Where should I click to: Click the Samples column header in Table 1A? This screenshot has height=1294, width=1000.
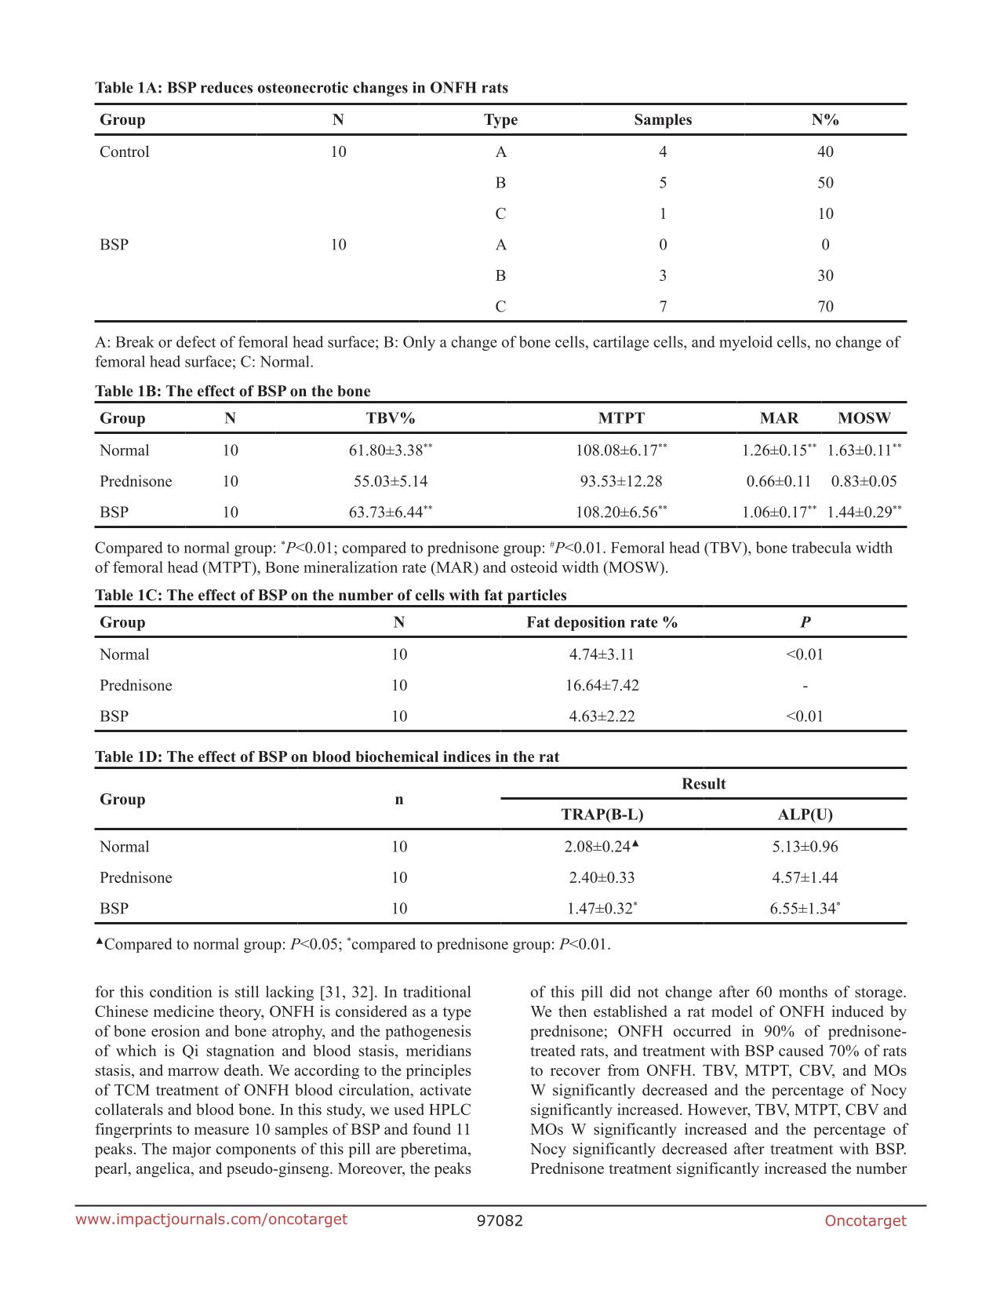click(x=663, y=120)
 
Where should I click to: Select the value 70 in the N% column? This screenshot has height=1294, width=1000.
click(x=825, y=307)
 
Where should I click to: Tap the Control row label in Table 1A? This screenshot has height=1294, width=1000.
click(x=124, y=152)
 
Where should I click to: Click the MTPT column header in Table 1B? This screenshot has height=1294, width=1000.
click(x=621, y=418)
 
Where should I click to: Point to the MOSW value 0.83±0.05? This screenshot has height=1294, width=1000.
click(x=864, y=481)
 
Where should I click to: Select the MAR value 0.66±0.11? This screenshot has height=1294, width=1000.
click(x=778, y=481)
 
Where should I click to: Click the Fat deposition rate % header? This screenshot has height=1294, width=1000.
click(x=602, y=622)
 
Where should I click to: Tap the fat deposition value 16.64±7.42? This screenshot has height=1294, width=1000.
click(x=602, y=685)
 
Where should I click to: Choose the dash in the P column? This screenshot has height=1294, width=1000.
click(x=805, y=685)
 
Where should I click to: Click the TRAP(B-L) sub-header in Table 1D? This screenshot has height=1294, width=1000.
click(x=602, y=815)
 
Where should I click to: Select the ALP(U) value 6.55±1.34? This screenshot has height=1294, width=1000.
click(x=804, y=909)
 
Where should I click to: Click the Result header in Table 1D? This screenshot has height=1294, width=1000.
click(x=704, y=784)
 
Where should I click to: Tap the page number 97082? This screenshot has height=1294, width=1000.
click(x=500, y=1221)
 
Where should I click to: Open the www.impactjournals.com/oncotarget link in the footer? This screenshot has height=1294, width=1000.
click(x=211, y=1219)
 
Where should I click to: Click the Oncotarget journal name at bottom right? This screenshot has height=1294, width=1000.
click(x=865, y=1221)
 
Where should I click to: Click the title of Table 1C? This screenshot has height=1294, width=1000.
click(x=330, y=596)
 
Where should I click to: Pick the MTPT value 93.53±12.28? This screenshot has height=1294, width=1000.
click(x=620, y=481)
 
